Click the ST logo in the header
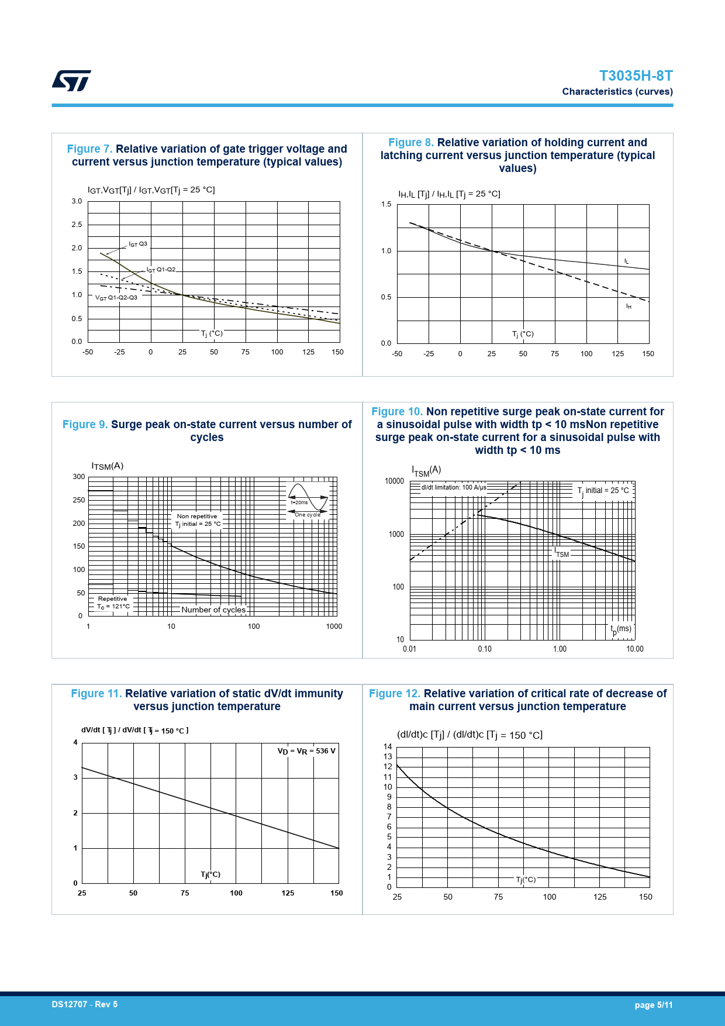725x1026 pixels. [x=71, y=81]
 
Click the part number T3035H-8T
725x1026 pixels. [x=636, y=76]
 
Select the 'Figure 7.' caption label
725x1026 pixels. [x=89, y=149]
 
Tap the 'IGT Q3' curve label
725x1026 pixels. [x=138, y=244]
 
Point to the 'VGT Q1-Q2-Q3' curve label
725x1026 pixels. [x=116, y=298]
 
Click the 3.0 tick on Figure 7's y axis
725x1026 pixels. [x=77, y=201]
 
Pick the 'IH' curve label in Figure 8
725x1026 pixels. [x=629, y=307]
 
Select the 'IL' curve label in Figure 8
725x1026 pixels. [x=626, y=261]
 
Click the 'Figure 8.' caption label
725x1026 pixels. [x=411, y=143]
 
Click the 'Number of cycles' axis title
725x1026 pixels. [x=213, y=610]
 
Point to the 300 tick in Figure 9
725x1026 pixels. [x=79, y=477]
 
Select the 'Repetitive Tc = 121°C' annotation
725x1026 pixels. [x=113, y=602]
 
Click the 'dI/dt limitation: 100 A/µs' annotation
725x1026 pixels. [x=454, y=487]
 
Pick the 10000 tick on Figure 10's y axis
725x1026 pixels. [x=394, y=481]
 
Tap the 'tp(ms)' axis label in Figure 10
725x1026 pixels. [x=621, y=629]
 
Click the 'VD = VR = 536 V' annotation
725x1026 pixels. [x=306, y=751]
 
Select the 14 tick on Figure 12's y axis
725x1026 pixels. [x=388, y=746]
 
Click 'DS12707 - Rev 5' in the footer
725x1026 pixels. [x=85, y=1004]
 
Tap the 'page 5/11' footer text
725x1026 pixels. [x=654, y=1005]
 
